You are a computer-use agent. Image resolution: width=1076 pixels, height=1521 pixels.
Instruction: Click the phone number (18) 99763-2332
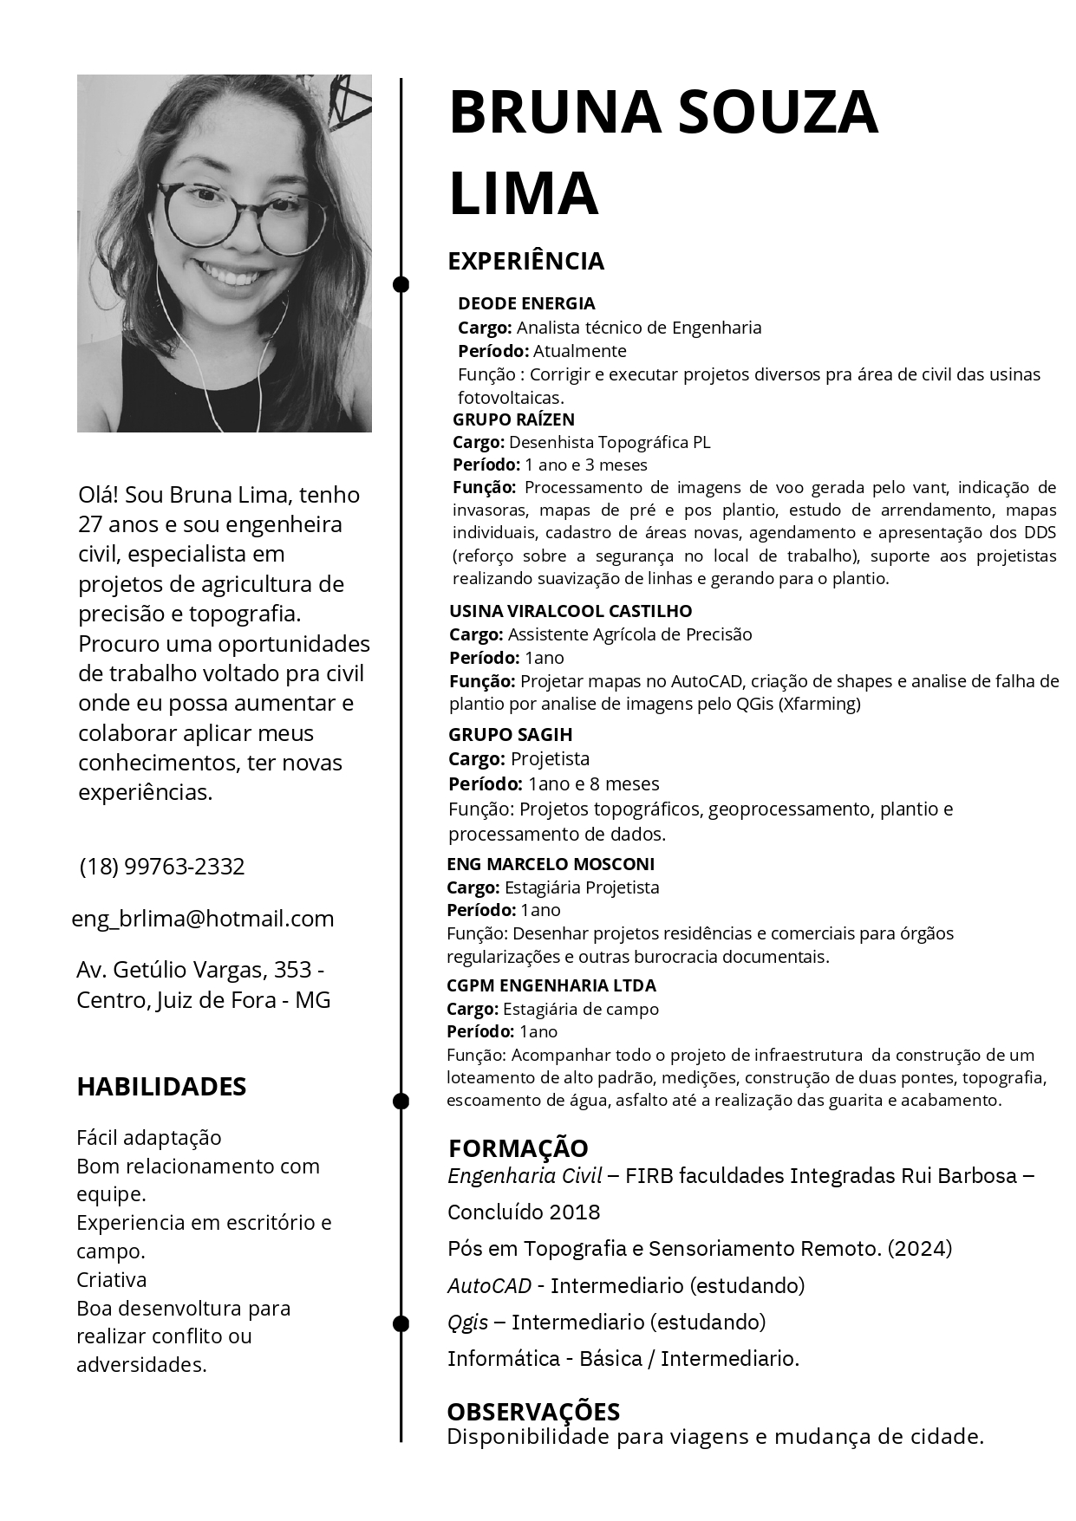(162, 867)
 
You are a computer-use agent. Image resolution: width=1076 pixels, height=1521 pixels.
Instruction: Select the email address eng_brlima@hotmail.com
(203, 919)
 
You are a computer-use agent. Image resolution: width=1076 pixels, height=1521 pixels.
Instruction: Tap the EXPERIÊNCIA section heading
(525, 261)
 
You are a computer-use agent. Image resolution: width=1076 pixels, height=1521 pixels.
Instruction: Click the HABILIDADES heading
(161, 1087)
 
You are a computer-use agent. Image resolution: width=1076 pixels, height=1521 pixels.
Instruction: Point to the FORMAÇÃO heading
(518, 1148)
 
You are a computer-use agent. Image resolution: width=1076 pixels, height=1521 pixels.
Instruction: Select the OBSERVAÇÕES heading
(533, 1412)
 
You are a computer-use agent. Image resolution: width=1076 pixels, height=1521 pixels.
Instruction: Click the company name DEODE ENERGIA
(526, 303)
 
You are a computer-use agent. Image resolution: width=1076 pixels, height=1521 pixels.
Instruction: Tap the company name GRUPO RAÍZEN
(513, 419)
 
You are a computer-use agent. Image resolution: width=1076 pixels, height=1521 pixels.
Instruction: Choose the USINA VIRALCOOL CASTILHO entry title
(571, 611)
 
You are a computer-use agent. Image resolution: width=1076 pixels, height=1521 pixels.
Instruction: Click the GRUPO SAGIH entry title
(510, 735)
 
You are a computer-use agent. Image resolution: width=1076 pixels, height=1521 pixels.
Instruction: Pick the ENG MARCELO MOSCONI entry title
(551, 864)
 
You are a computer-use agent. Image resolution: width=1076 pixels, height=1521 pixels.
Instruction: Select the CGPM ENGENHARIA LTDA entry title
(551, 985)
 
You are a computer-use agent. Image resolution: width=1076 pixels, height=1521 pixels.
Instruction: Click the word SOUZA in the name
(778, 113)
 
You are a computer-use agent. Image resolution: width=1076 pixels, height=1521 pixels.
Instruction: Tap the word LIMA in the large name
(524, 193)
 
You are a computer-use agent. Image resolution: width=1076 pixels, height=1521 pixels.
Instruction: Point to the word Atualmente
(579, 351)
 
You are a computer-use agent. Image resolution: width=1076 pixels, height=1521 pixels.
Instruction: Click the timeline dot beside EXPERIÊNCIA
(401, 283)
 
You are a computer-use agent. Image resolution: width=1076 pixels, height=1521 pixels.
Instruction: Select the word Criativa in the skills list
(112, 1280)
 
